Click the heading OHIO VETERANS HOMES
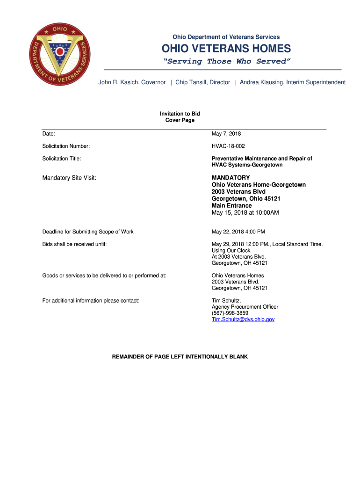pyautogui.click(x=226, y=49)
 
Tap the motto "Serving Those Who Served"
pyautogui.click(x=226, y=61)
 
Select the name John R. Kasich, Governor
pyautogui.click(x=132, y=82)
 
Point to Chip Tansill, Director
pyautogui.click(x=203, y=82)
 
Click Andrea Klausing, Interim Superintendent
pyautogui.click(x=293, y=82)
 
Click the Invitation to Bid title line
pyautogui.click(x=180, y=114)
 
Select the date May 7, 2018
pyautogui.click(x=226, y=134)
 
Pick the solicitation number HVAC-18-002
pyautogui.click(x=228, y=146)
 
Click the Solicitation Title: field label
pyautogui.click(x=62, y=159)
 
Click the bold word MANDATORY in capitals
pyautogui.click(x=231, y=178)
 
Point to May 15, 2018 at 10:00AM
pyautogui.click(x=245, y=213)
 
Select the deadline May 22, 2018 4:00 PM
pyautogui.click(x=238, y=232)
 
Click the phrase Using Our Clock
pyautogui.click(x=231, y=251)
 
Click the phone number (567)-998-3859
pyautogui.click(x=230, y=313)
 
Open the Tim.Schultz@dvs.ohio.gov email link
pyautogui.click(x=243, y=319)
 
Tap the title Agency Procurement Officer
pyautogui.click(x=245, y=307)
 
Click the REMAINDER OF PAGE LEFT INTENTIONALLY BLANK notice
pyautogui.click(x=180, y=357)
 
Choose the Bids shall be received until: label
pyautogui.click(x=75, y=244)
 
